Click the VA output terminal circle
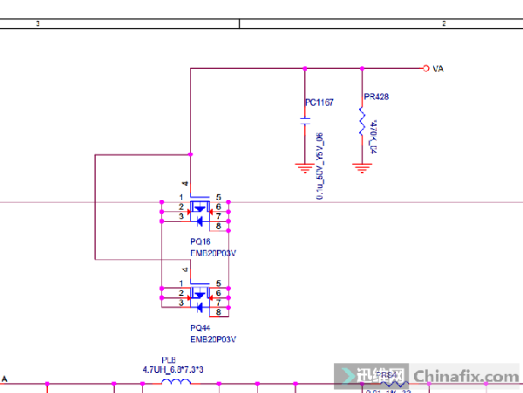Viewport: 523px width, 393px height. pyautogui.click(x=425, y=68)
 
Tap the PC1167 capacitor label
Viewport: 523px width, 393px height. pyautogui.click(x=319, y=103)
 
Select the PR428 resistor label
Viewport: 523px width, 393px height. pyautogui.click(x=377, y=97)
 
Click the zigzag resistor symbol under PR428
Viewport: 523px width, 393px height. pyautogui.click(x=362, y=121)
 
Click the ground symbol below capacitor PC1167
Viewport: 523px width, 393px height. pyautogui.click(x=304, y=166)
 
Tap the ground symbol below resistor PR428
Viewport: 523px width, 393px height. pyautogui.click(x=362, y=166)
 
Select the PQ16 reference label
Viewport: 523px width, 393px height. pyautogui.click(x=200, y=241)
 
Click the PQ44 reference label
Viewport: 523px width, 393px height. pyautogui.click(x=200, y=328)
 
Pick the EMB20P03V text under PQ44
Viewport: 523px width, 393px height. pyautogui.click(x=214, y=339)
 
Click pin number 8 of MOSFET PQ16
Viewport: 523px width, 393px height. pyautogui.click(x=218, y=226)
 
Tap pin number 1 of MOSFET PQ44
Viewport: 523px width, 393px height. pyautogui.click(x=181, y=285)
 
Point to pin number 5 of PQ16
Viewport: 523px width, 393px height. pyautogui.click(x=218, y=197)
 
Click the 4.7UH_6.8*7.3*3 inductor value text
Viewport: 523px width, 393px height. pyautogui.click(x=173, y=369)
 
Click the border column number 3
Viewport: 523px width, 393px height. pyautogui.click(x=38, y=24)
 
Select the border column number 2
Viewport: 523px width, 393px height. pyautogui.click(x=444, y=24)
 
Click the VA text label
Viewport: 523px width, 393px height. pyautogui.click(x=438, y=68)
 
